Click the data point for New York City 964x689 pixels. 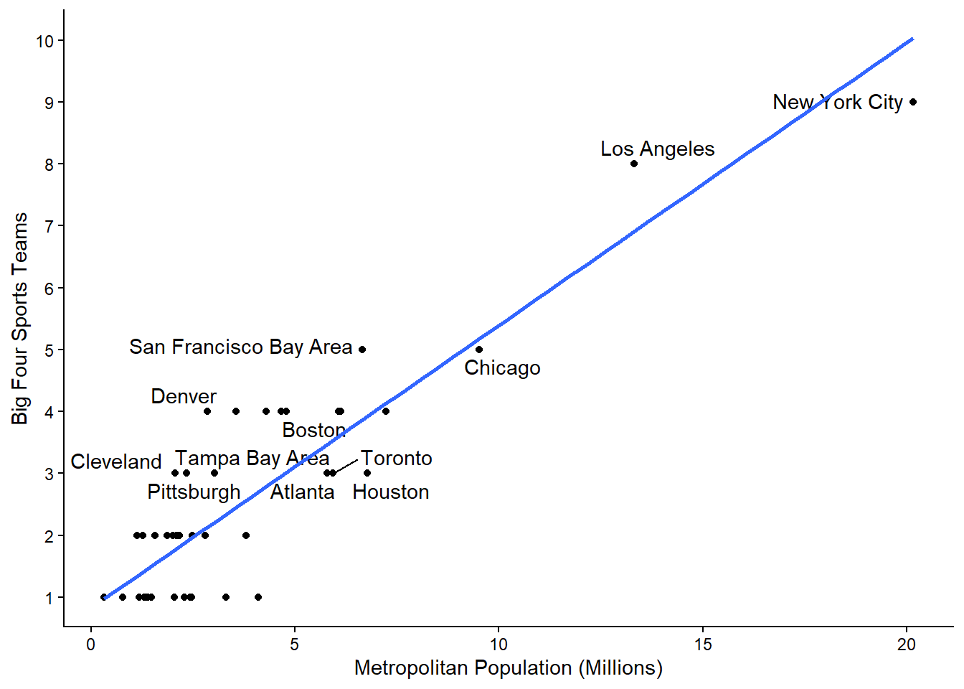click(x=912, y=102)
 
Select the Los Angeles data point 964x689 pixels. click(x=634, y=164)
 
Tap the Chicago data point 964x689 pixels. click(x=479, y=350)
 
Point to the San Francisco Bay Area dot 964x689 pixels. click(x=362, y=350)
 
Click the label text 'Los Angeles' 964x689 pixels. click(x=657, y=149)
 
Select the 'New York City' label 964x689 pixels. click(x=837, y=102)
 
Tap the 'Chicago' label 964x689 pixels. click(x=502, y=367)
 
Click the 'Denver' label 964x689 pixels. click(x=184, y=396)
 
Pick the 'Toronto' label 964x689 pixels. click(x=396, y=458)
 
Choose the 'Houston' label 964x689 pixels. click(x=391, y=492)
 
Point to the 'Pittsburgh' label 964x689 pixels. click(x=194, y=492)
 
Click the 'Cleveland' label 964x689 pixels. click(x=116, y=461)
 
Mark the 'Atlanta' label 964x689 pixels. click(x=302, y=492)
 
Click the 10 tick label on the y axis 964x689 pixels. click(x=45, y=41)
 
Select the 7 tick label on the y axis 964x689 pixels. click(x=49, y=226)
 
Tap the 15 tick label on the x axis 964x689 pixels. click(x=703, y=644)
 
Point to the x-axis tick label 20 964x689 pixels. click(x=907, y=644)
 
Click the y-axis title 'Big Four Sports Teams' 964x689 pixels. click(x=20, y=318)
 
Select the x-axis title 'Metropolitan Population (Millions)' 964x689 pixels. click(x=508, y=667)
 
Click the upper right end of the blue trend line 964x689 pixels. click(x=912, y=39)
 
